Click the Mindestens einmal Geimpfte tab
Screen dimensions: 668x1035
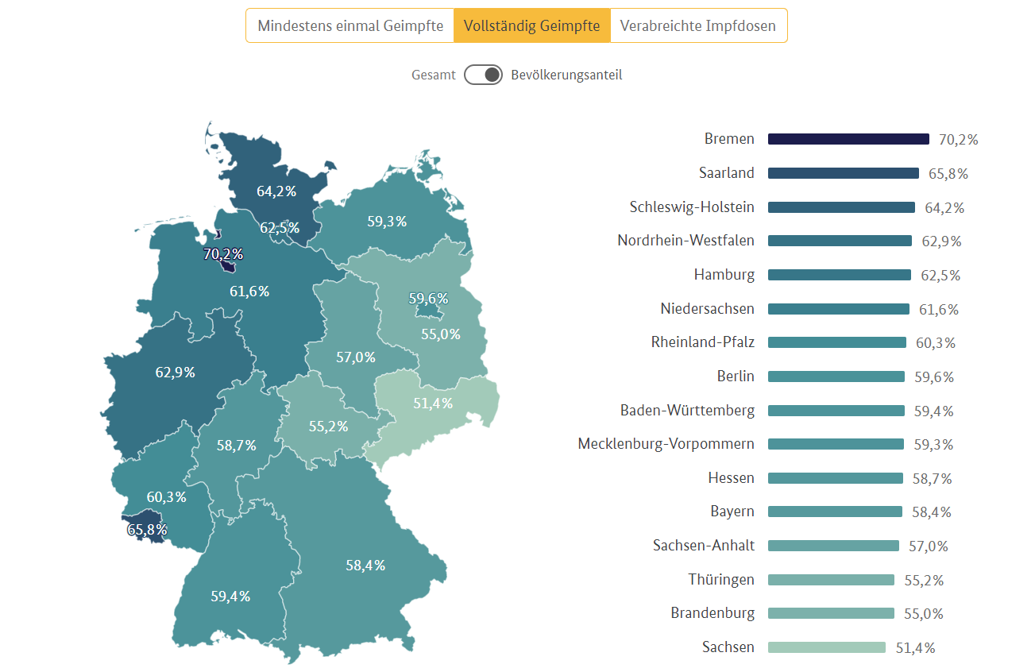(350, 25)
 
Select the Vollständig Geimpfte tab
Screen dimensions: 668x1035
(531, 25)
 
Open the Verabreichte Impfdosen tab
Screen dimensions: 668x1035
(697, 25)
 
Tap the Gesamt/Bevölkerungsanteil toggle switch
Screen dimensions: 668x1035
(483, 75)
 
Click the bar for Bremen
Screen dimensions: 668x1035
(848, 139)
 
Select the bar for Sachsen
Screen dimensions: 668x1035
(826, 647)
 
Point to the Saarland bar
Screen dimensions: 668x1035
(843, 173)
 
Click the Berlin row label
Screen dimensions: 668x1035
(735, 376)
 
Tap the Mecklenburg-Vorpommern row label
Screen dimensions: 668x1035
(666, 444)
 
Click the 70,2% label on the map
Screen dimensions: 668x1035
(222, 254)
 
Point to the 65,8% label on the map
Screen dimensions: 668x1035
(147, 528)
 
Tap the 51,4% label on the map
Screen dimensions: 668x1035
(433, 404)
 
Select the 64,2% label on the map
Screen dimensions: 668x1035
(276, 191)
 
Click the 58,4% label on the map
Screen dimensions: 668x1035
(365, 566)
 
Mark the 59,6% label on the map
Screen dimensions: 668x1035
(428, 299)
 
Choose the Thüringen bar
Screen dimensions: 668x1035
(831, 580)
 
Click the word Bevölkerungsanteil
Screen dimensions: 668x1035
(566, 75)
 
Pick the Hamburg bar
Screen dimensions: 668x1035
(839, 275)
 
